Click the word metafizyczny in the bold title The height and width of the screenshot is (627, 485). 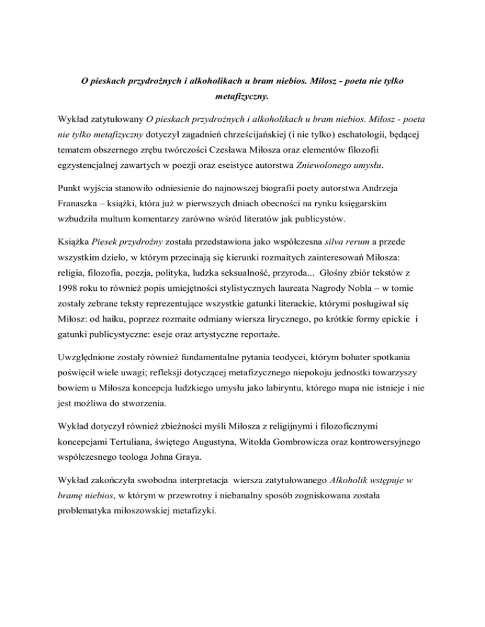point(242,98)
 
